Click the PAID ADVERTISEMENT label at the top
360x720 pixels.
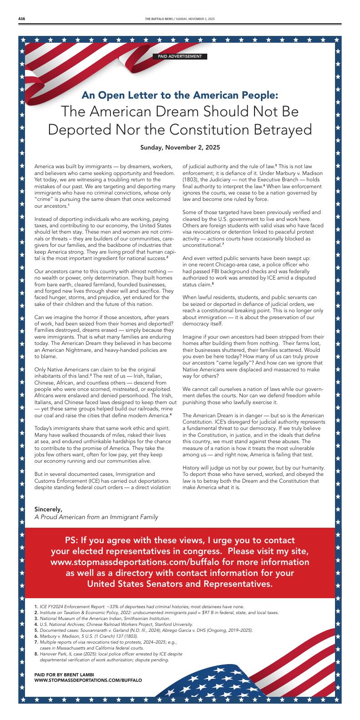pos(180,57)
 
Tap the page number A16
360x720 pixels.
pos(21,19)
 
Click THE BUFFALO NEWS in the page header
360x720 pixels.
pos(157,19)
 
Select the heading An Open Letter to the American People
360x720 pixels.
pos(180,95)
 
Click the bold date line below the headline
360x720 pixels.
pos(180,147)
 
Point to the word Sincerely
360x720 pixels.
pos(48,509)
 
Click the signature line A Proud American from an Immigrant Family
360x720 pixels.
pos(96,517)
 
